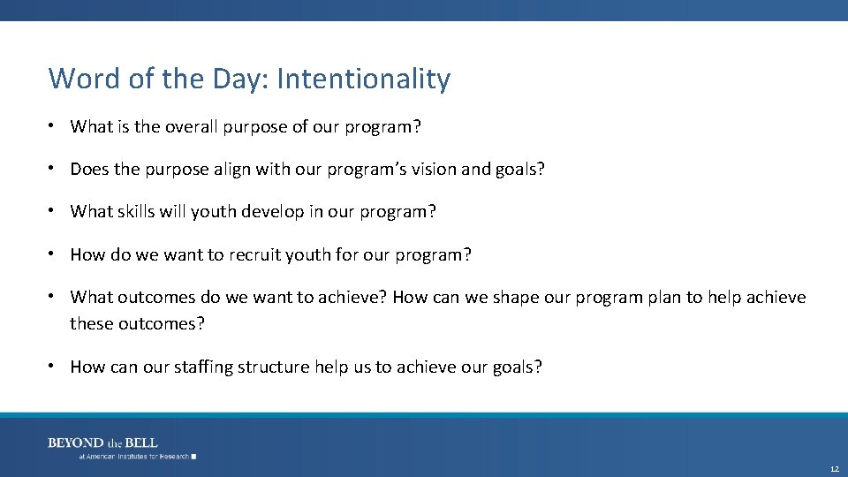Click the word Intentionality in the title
[363, 79]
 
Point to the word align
[231, 169]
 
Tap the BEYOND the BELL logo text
[102, 443]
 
